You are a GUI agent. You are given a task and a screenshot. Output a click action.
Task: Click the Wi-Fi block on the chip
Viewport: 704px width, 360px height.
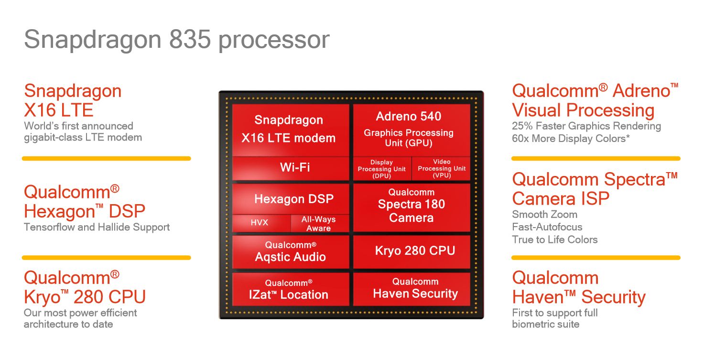tap(291, 168)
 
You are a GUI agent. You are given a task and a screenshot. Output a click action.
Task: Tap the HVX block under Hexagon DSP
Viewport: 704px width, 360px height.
tap(261, 223)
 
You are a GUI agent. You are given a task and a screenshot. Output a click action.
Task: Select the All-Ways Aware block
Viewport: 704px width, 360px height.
tap(319, 223)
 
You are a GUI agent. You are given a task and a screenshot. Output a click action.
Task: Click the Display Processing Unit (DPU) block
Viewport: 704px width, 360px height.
tap(382, 169)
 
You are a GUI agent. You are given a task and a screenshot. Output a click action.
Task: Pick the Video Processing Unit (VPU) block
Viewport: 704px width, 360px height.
tap(441, 169)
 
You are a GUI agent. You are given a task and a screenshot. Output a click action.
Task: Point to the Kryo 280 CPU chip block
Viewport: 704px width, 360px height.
tap(412, 251)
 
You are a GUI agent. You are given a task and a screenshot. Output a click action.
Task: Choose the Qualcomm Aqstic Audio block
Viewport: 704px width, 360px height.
tap(291, 251)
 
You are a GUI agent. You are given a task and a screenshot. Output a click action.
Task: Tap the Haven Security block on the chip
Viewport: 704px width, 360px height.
tap(412, 289)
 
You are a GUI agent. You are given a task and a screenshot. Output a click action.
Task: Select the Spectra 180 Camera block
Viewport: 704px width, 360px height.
tap(412, 206)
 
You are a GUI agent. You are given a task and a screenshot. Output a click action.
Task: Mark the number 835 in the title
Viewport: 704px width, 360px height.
tap(189, 40)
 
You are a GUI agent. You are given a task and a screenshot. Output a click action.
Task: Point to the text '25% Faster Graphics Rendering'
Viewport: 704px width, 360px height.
tap(586, 126)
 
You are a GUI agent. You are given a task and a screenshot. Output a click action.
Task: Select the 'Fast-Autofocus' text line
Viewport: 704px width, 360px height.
tap(547, 227)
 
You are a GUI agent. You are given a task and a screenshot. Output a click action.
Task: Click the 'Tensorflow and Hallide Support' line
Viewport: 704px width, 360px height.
tap(97, 227)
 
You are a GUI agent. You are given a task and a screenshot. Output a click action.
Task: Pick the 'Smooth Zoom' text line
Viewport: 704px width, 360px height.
tap(544, 215)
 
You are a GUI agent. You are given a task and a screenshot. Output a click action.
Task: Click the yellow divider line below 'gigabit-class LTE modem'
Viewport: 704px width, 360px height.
tap(106, 158)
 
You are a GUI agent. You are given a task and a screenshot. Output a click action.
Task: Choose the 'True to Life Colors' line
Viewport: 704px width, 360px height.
tap(555, 240)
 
